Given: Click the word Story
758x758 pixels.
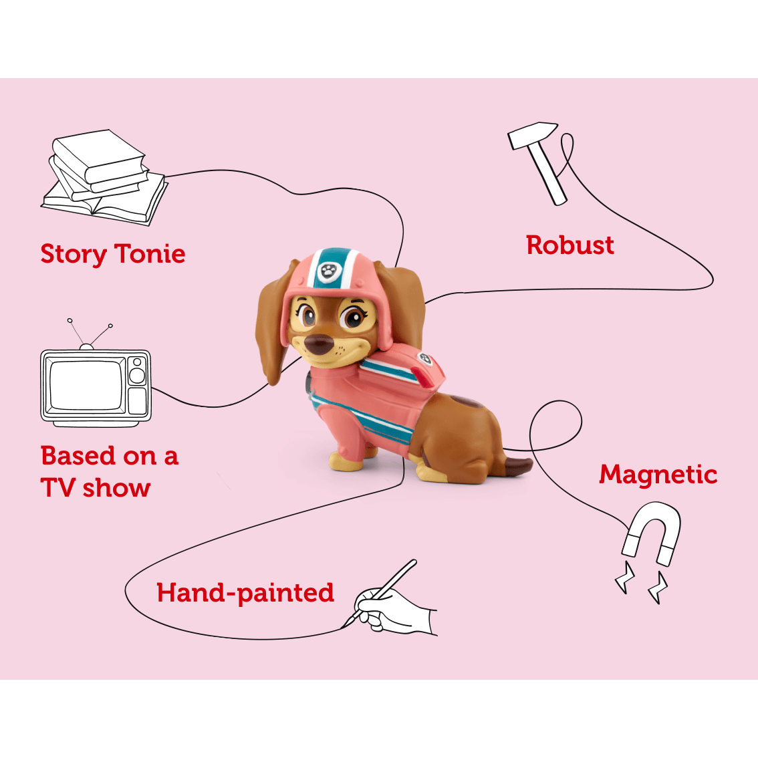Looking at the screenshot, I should click(x=73, y=255).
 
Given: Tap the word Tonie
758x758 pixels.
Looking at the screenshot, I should click(x=150, y=253).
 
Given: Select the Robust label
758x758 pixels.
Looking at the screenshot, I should click(x=570, y=245).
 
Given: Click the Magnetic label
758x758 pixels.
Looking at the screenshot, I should click(x=658, y=475).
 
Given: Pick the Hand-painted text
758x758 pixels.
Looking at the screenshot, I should click(x=245, y=593).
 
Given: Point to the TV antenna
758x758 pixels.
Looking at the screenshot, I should click(x=88, y=334).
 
